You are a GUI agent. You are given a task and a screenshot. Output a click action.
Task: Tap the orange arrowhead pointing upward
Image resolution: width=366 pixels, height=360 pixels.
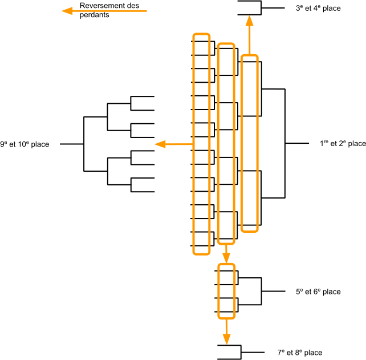pyautogui.click(x=249, y=22)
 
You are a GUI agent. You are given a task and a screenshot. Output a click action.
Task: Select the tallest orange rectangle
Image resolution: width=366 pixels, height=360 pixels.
pyautogui.click(x=201, y=144)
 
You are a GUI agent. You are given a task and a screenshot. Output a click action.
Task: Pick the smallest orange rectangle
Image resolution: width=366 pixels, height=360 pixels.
pyautogui.click(x=226, y=291)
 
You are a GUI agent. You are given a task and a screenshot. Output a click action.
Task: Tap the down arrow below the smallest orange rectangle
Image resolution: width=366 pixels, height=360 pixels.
pyautogui.click(x=226, y=332)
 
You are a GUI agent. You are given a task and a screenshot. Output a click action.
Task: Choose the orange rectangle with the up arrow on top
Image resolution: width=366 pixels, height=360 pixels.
pyautogui.click(x=249, y=143)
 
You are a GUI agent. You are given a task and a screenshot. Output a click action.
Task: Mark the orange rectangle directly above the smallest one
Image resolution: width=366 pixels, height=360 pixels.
pyautogui.click(x=226, y=144)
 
